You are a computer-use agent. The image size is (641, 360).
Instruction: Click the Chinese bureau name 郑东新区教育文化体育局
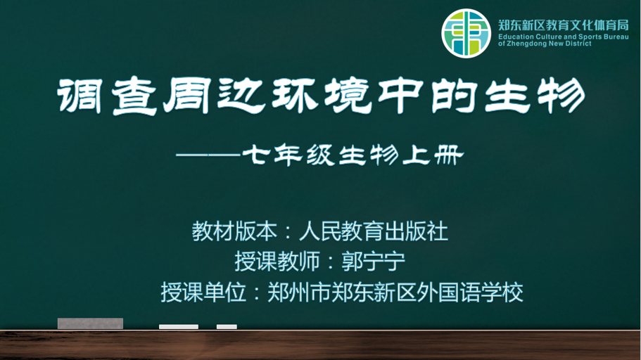(564, 25)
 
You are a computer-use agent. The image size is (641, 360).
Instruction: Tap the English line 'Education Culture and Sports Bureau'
(564, 37)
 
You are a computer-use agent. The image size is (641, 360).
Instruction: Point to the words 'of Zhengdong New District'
(545, 44)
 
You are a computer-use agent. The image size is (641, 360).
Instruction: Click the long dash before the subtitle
(208, 155)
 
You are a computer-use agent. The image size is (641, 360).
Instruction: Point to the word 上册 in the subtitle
(433, 155)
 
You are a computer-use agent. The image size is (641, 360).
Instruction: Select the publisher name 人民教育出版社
(374, 231)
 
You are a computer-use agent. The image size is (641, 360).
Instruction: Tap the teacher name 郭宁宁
(373, 262)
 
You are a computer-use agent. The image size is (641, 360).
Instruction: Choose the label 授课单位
(203, 292)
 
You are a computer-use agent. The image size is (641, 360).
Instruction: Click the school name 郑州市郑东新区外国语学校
(395, 292)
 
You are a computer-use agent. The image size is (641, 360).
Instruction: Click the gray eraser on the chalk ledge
(90, 323)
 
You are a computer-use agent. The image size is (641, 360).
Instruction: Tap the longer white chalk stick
(179, 326)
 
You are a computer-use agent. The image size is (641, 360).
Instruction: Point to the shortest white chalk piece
(227, 326)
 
